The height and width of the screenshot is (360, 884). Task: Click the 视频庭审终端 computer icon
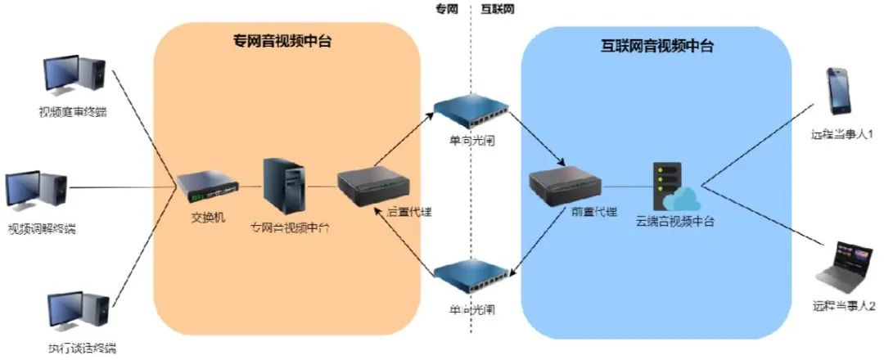pyautogui.click(x=73, y=76)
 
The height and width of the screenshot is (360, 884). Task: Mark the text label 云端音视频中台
pyautogui.click(x=674, y=221)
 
